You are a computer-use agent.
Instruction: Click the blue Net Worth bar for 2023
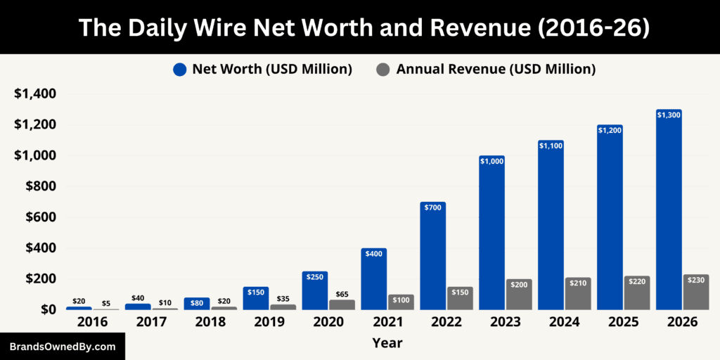pyautogui.click(x=491, y=232)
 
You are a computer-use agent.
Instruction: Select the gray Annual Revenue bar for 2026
pyautogui.click(x=695, y=292)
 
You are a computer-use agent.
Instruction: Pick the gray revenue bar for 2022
pyautogui.click(x=460, y=298)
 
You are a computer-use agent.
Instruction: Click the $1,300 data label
pyautogui.click(x=669, y=115)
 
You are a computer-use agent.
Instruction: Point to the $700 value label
pyautogui.click(x=432, y=207)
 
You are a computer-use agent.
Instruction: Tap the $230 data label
pyautogui.click(x=695, y=280)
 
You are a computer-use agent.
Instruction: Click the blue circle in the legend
pyautogui.click(x=180, y=70)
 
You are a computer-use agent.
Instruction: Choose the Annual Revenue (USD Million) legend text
pyautogui.click(x=496, y=70)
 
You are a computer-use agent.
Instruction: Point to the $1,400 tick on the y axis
pyautogui.click(x=36, y=94)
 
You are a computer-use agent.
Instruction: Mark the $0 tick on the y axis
pyautogui.click(x=49, y=309)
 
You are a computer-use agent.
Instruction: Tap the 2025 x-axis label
pyautogui.click(x=623, y=322)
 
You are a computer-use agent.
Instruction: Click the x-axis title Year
pyautogui.click(x=387, y=343)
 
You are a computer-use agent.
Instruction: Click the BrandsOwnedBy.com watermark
pyautogui.click(x=62, y=347)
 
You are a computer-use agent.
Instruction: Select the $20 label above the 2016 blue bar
pyautogui.click(x=79, y=301)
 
